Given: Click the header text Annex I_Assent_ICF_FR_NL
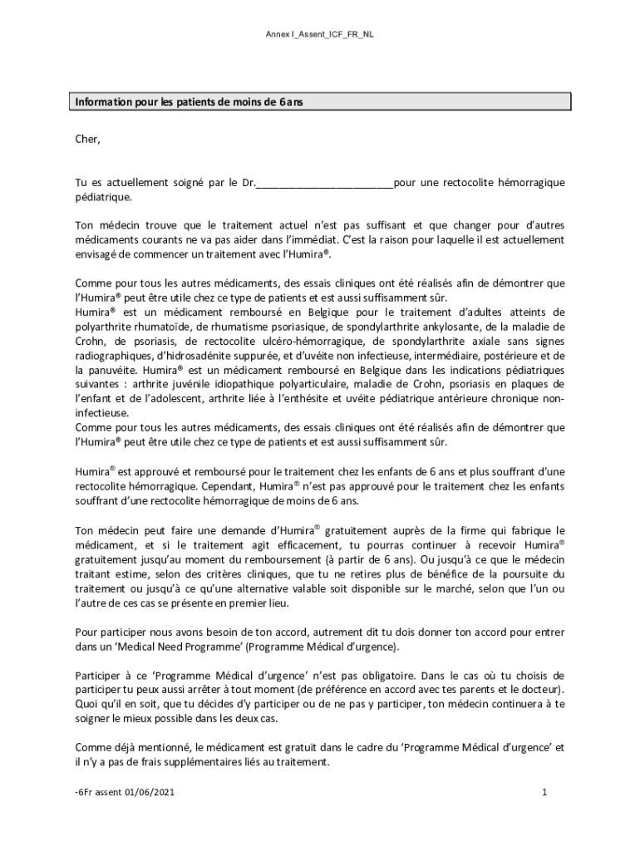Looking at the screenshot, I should click(x=325, y=34).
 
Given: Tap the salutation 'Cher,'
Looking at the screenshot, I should click(x=87, y=139).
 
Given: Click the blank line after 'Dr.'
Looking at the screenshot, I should click(x=324, y=183).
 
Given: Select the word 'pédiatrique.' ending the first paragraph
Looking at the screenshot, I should click(x=103, y=198).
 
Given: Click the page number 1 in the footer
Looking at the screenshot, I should click(x=544, y=793).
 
